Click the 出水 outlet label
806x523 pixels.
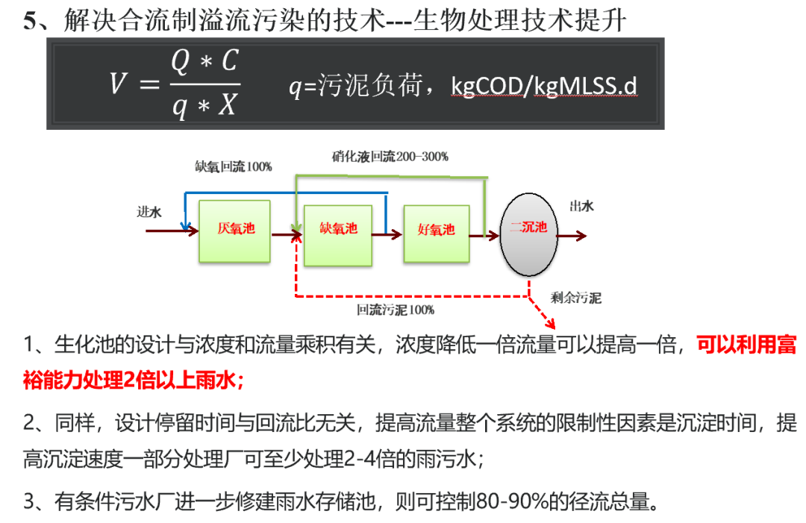click(x=581, y=207)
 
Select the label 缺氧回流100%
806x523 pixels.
click(x=234, y=167)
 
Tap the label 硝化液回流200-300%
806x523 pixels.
click(x=390, y=157)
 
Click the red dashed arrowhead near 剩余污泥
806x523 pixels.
click(x=552, y=325)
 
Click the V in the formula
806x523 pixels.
click(x=119, y=84)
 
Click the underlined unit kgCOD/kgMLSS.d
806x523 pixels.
click(x=544, y=87)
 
